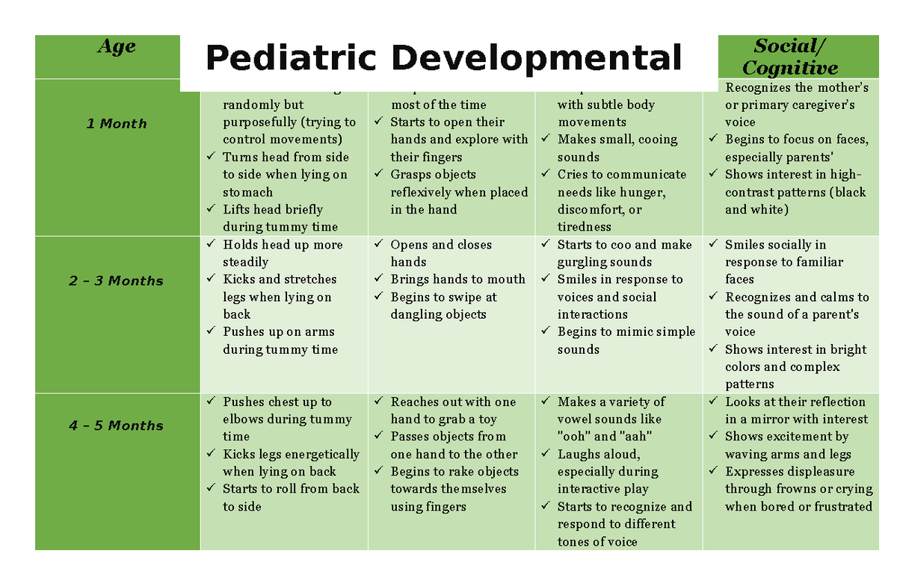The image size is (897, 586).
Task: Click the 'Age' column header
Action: tap(117, 47)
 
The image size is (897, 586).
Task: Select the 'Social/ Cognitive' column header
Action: tap(790, 57)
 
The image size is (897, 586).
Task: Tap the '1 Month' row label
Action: tap(117, 124)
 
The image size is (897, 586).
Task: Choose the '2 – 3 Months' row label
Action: tap(117, 281)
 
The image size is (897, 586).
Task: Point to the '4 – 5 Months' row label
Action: tap(117, 426)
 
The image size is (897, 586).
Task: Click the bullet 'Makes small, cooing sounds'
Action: tap(617, 148)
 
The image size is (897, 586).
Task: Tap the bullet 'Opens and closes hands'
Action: tap(441, 253)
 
